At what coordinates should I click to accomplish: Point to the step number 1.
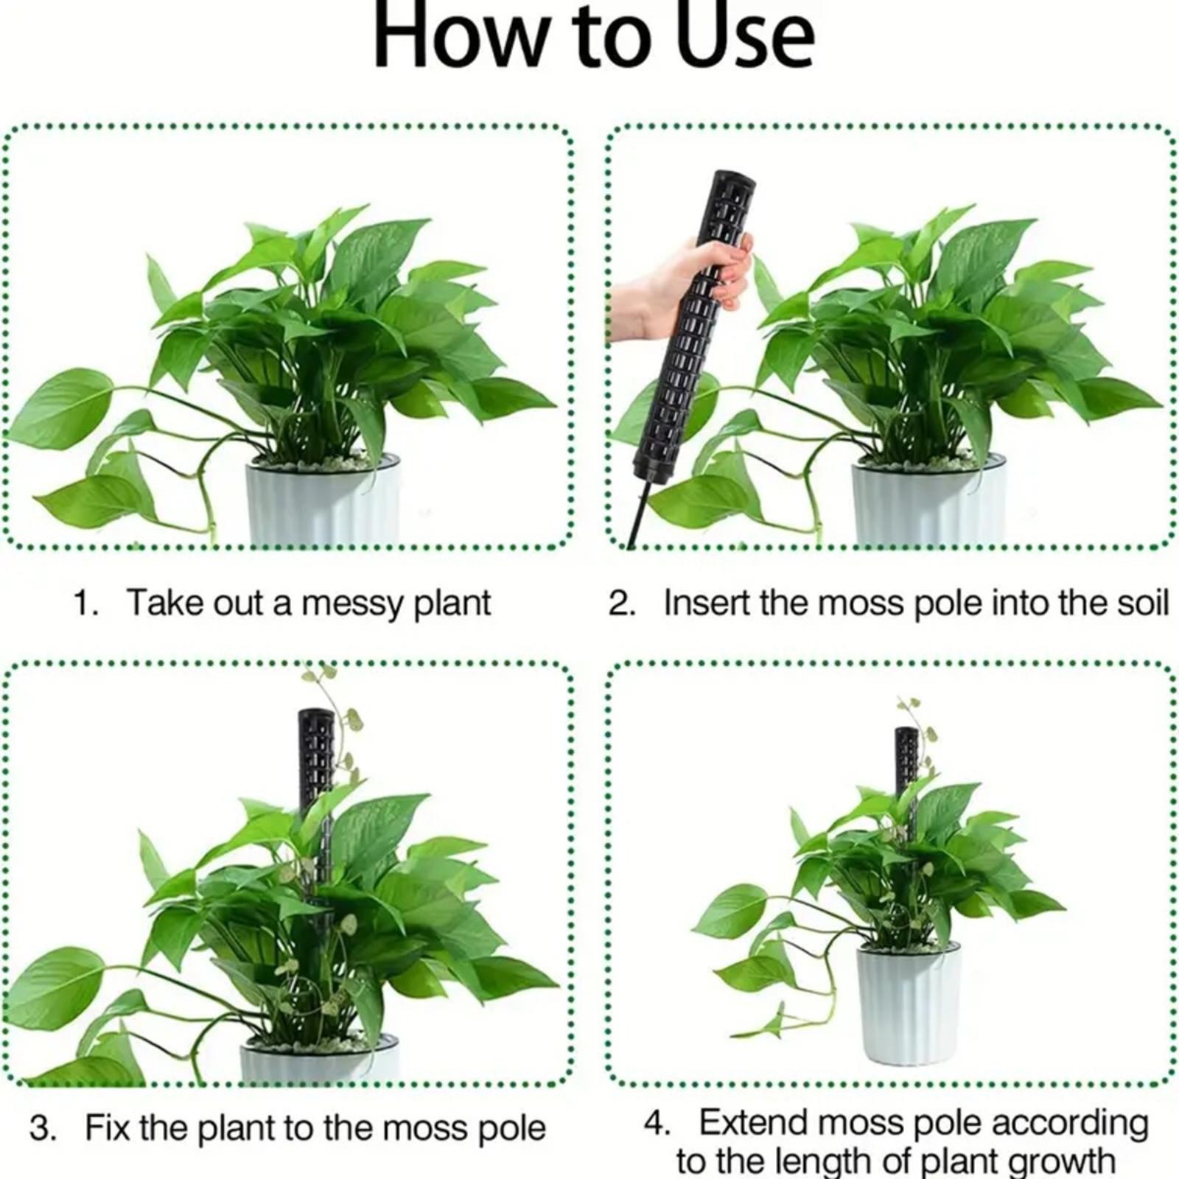(x=85, y=603)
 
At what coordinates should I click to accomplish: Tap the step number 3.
(x=43, y=1128)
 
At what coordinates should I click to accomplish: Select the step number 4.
(x=657, y=1123)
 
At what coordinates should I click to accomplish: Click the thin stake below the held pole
(x=639, y=516)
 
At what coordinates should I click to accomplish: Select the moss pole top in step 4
(x=906, y=732)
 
